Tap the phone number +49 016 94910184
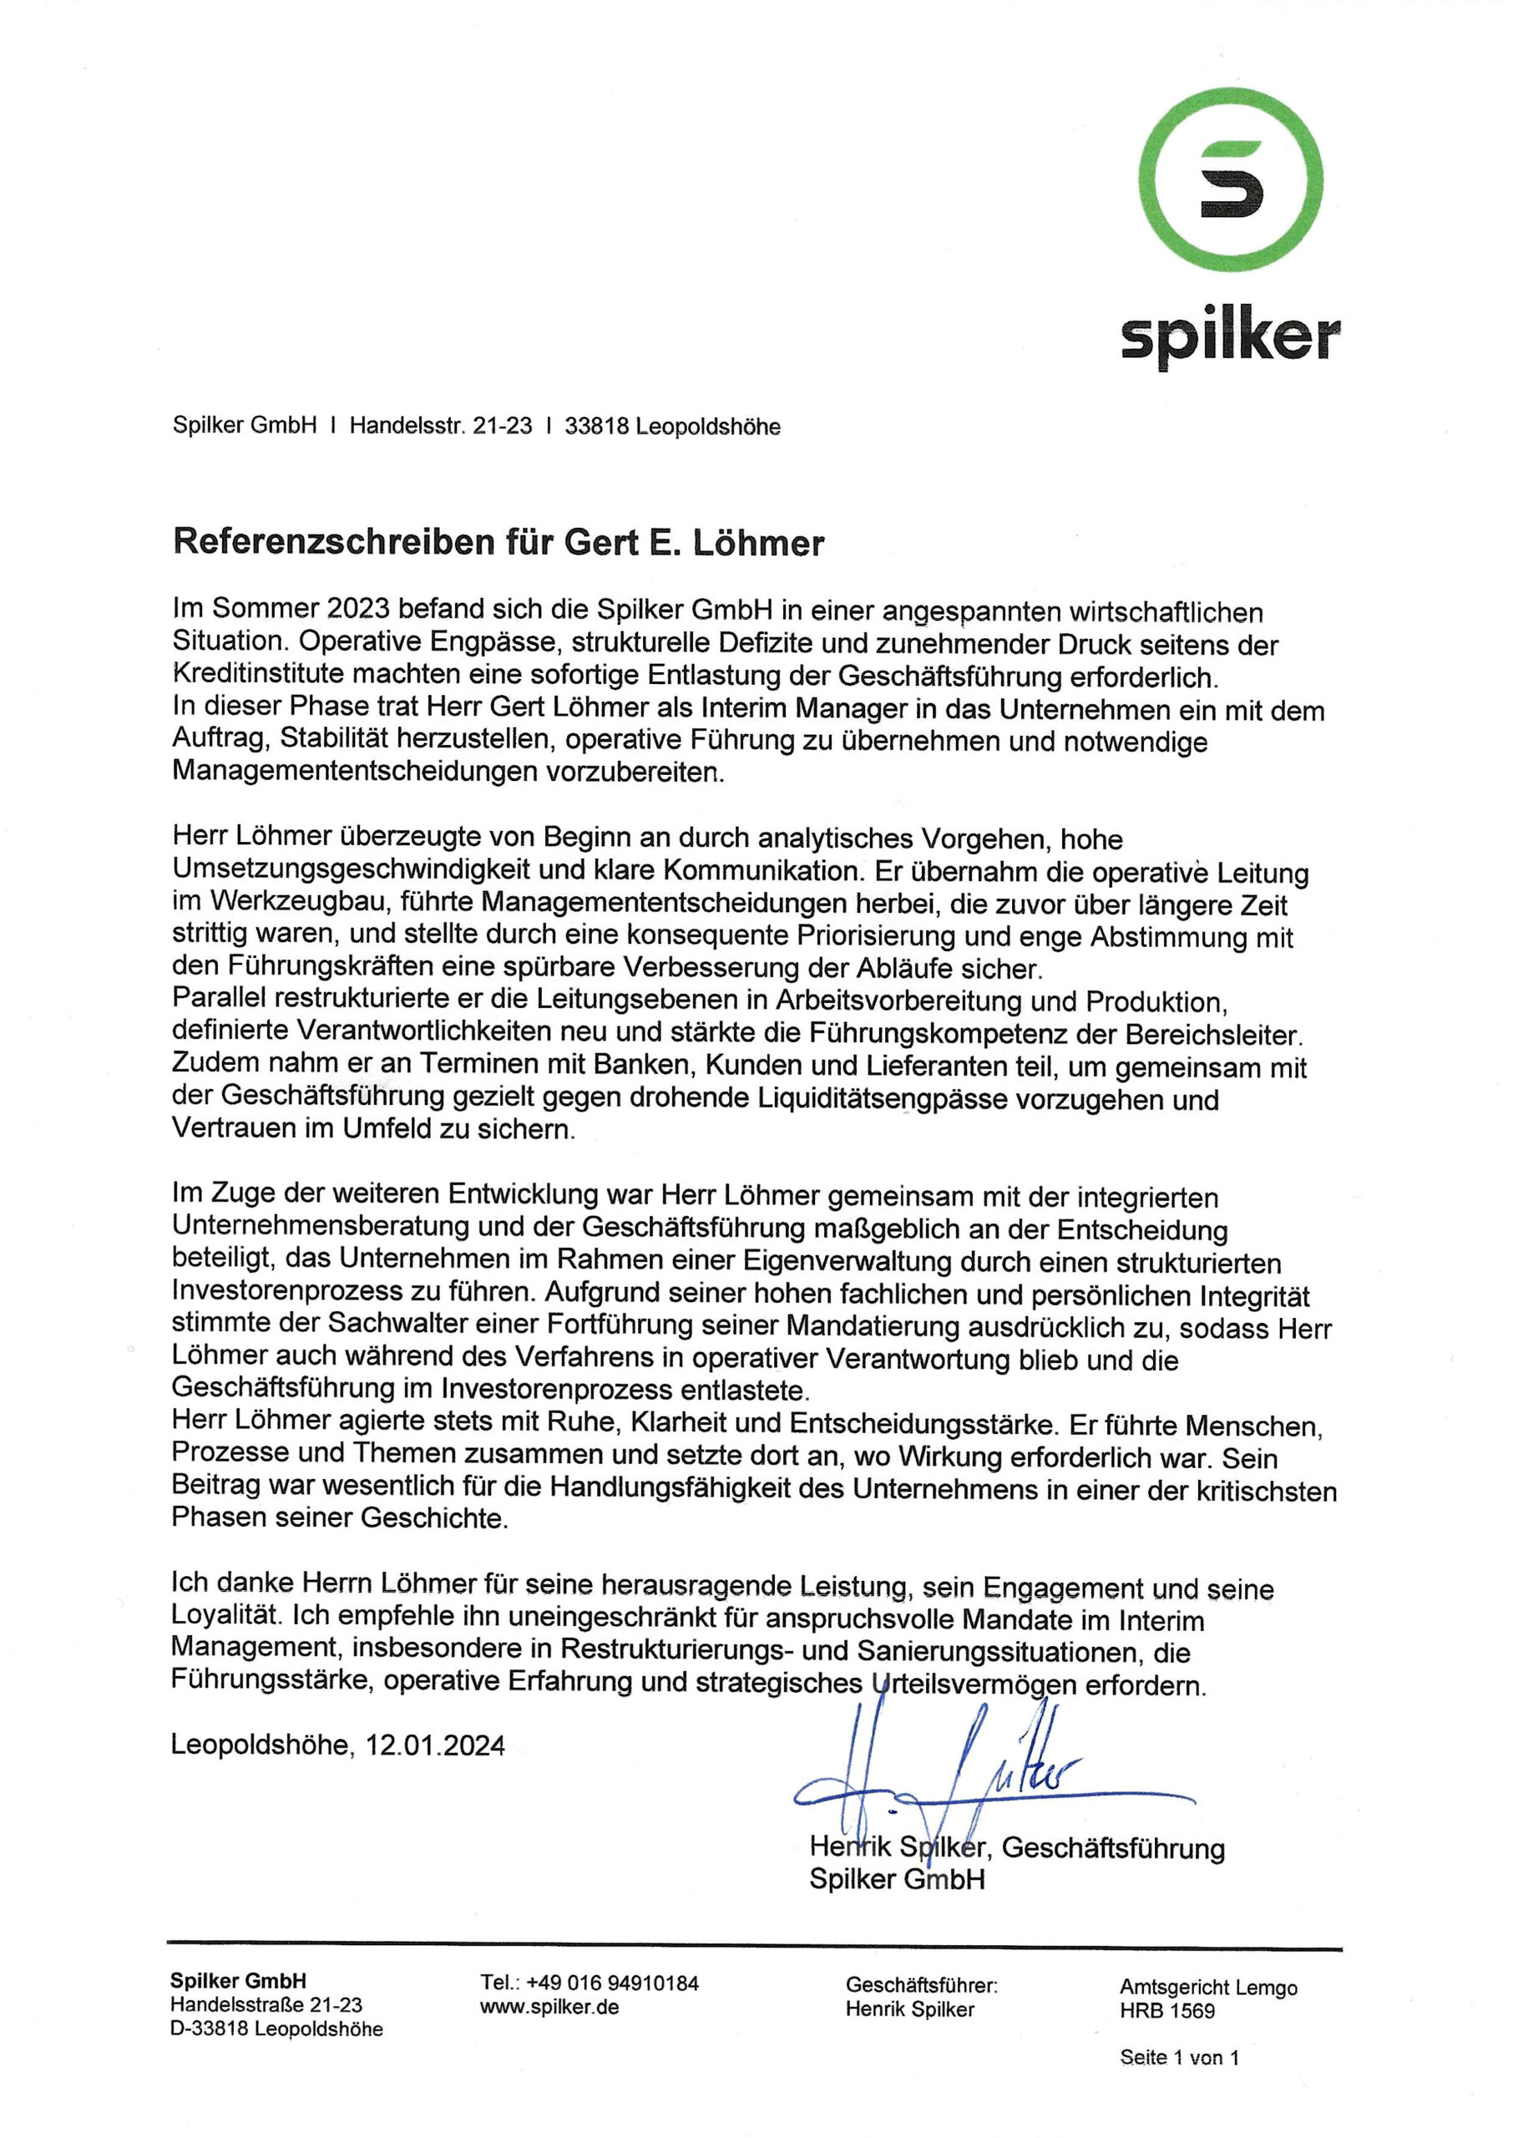tap(612, 1983)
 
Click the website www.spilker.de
tap(549, 2007)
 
